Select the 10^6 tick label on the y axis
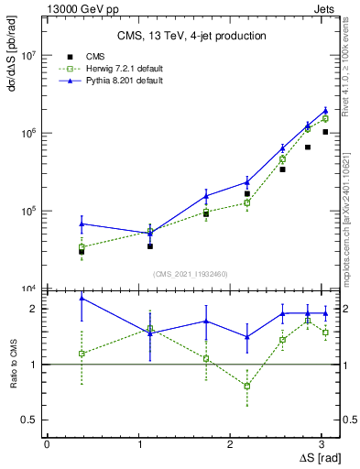(30, 133)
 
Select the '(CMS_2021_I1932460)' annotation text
(191, 273)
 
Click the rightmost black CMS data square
(325, 132)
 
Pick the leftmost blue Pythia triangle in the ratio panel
(82, 298)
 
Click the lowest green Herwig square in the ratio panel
(247, 386)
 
